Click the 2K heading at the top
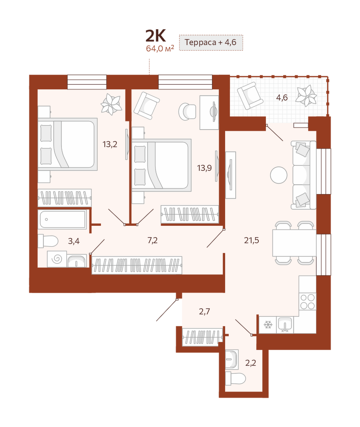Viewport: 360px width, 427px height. click(x=155, y=36)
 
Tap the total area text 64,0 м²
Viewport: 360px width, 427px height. click(x=160, y=49)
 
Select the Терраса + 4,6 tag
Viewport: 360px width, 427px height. click(x=210, y=42)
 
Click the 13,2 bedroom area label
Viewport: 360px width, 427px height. click(x=110, y=144)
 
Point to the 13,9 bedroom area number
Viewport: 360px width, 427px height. click(x=205, y=168)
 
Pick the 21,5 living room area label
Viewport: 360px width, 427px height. click(x=252, y=240)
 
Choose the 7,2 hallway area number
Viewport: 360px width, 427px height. click(x=152, y=240)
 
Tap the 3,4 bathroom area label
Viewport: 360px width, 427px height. click(x=74, y=241)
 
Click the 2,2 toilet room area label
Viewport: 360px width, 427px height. click(x=251, y=363)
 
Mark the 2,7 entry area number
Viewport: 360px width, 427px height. click(x=205, y=312)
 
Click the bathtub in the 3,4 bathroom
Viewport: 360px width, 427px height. click(x=63, y=219)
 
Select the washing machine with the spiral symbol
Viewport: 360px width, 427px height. click(x=57, y=259)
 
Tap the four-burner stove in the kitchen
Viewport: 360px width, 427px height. click(x=308, y=301)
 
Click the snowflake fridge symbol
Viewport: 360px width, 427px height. click(x=268, y=325)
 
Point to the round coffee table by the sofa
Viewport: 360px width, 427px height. click(x=279, y=175)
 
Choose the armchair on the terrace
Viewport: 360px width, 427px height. click(x=250, y=96)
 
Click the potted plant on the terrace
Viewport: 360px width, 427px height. click(x=306, y=96)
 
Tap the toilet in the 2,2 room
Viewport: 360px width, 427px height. click(x=235, y=378)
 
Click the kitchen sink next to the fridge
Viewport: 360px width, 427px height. click(x=285, y=325)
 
